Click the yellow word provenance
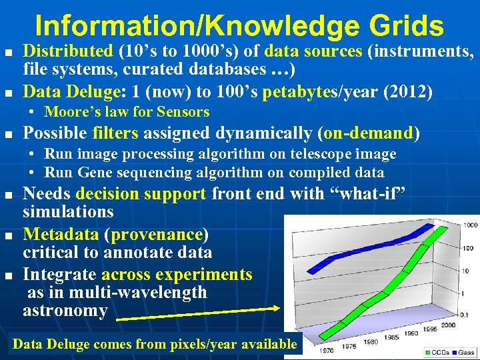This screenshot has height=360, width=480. point(160,235)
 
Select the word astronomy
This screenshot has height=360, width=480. point(65,311)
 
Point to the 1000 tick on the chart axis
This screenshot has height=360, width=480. point(470,225)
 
